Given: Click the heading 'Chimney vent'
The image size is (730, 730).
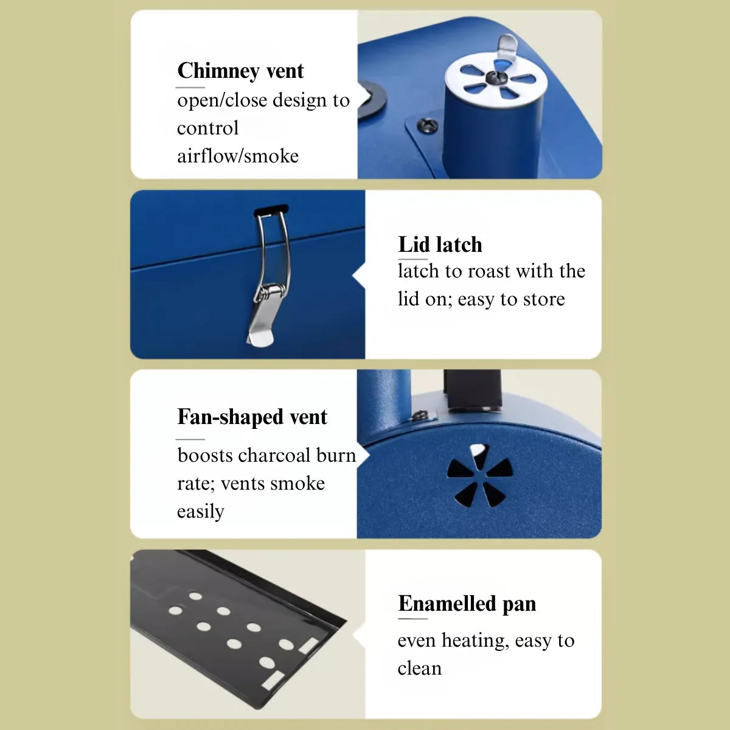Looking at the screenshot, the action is [x=240, y=71].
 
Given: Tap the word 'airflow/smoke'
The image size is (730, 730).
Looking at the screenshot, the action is [x=238, y=156].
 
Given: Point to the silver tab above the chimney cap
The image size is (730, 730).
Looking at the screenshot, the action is [x=507, y=47].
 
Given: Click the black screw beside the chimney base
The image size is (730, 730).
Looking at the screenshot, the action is [x=427, y=125].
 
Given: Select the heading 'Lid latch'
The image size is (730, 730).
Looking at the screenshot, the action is [x=440, y=245].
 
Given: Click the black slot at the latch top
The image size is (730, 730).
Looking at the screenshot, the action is [x=271, y=209].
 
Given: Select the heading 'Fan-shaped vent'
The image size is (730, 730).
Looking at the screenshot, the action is [x=252, y=417].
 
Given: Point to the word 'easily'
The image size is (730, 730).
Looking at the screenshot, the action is [x=200, y=512].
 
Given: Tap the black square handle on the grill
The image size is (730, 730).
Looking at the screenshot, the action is [x=472, y=389].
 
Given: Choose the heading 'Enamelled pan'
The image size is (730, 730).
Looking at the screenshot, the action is [x=467, y=603].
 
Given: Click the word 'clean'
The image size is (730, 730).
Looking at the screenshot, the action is [x=419, y=669].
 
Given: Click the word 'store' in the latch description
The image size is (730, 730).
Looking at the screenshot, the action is [x=544, y=299].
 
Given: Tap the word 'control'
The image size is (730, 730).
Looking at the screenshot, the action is [x=207, y=128].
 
